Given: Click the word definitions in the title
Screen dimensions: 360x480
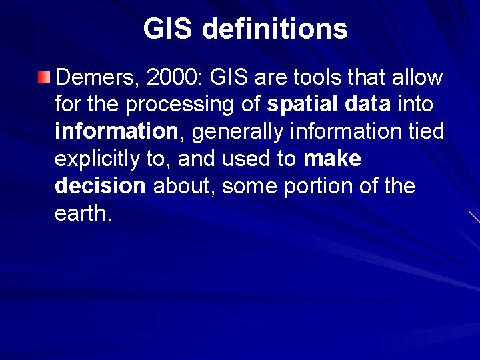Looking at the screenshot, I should point(274,29).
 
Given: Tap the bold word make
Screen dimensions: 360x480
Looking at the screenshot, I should point(332,159).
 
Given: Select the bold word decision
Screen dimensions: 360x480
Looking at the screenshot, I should point(100,186).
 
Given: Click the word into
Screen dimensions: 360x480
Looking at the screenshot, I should point(415,105).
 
